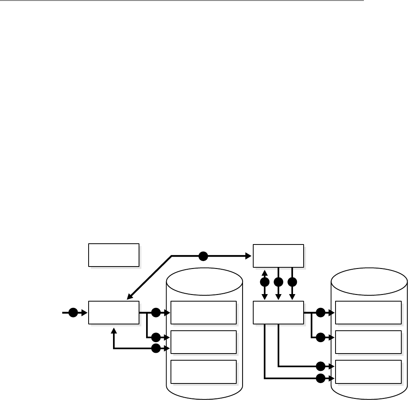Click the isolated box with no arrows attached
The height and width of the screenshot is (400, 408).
(114, 255)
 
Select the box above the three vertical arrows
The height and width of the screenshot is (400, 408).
(278, 256)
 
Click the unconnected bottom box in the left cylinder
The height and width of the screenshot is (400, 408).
(204, 371)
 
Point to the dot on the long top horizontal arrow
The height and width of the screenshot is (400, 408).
(203, 256)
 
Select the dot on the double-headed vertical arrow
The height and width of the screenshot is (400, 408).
(265, 282)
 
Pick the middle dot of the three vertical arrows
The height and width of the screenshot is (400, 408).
(278, 282)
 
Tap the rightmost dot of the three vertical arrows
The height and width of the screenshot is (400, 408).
(292, 282)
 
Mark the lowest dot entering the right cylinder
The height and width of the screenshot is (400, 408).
(321, 379)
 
